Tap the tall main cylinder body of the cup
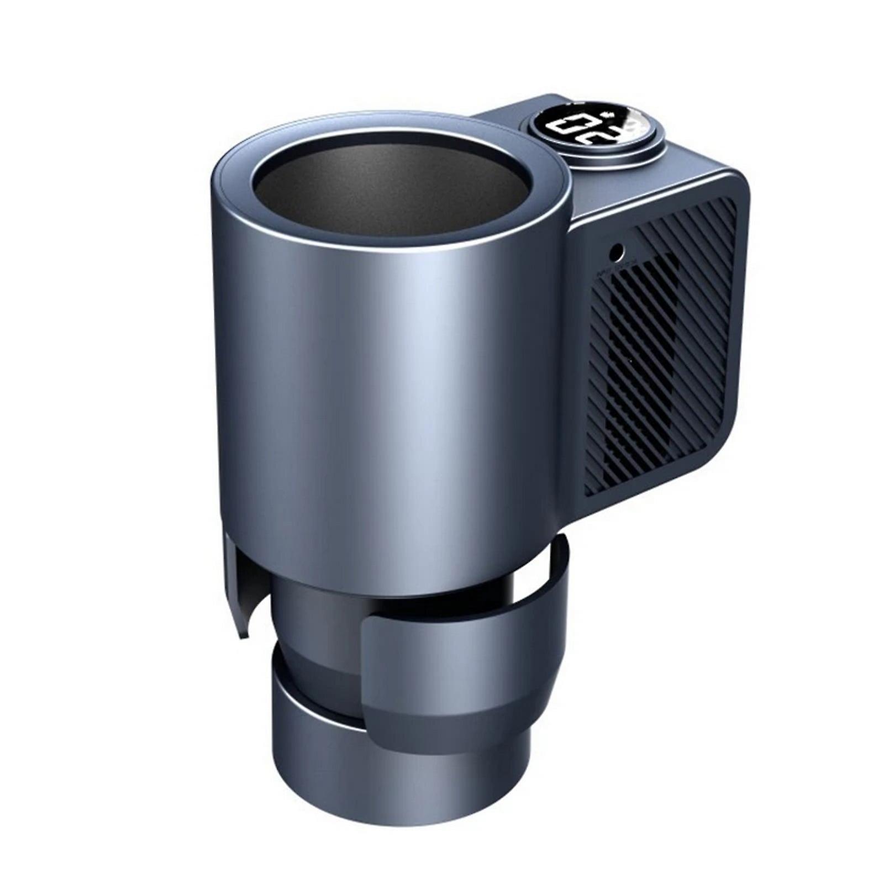click(x=387, y=414)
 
